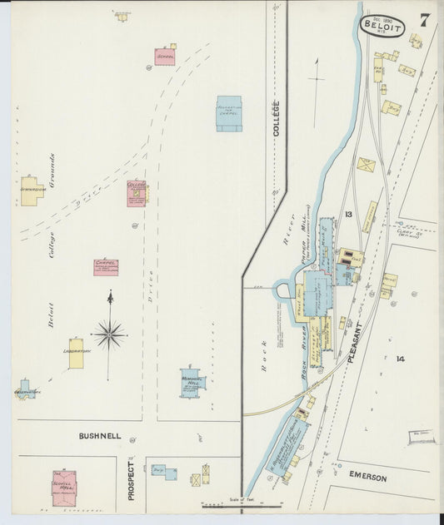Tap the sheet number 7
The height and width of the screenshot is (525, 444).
(425, 21)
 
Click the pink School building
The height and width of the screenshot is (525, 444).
(165, 57)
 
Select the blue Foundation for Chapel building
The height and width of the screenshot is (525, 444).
(229, 113)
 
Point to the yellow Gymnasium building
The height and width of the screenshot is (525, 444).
(32, 191)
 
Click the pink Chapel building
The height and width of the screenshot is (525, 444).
(106, 267)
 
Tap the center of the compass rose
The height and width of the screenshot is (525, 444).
(109, 334)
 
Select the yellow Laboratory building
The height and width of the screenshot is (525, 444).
(76, 353)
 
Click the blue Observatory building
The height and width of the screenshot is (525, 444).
(27, 389)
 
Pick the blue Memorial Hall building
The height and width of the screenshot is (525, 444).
(192, 383)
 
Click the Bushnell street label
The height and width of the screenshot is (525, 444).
(100, 435)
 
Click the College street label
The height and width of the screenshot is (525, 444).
(276, 118)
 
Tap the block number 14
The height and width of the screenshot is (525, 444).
(401, 359)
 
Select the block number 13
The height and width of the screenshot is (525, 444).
(349, 215)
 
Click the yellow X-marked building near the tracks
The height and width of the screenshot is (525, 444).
(366, 165)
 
